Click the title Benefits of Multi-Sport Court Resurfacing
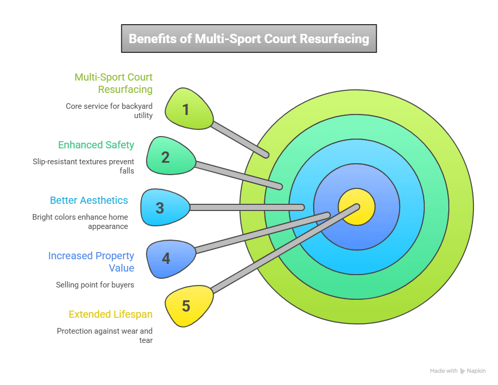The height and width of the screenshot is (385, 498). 248,39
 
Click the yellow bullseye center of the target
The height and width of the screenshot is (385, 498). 357,207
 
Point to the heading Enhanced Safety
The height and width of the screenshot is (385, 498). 96,145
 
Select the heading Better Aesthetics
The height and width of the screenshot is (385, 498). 89,200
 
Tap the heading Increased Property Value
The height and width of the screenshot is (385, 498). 91,261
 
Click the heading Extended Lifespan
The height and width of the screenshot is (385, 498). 111,314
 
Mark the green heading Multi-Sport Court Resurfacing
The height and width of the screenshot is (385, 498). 113,83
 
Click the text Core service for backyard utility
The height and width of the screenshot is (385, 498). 109,111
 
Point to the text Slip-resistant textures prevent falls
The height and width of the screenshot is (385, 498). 83,166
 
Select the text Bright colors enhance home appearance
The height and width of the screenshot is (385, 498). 80,221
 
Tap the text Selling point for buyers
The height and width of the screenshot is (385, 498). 95,284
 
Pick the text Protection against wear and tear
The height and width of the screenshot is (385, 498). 105,335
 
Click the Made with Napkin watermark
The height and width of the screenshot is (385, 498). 458,371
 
